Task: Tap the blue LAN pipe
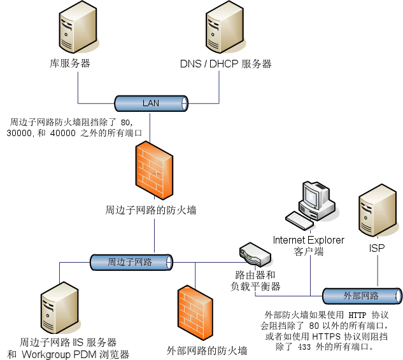[151, 103]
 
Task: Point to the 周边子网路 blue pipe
[131, 261]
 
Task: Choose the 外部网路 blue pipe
[362, 296]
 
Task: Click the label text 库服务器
[69, 64]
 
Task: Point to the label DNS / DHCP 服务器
[225, 64]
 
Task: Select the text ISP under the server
[377, 248]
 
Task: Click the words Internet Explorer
[309, 240]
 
